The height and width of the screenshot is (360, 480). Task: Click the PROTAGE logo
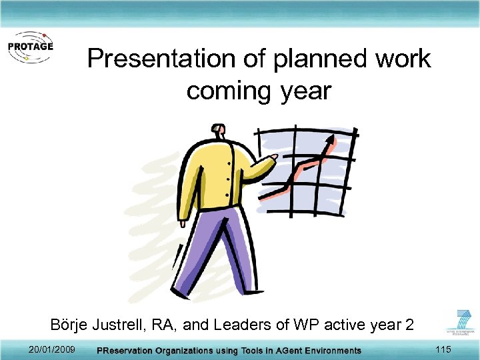click(29, 47)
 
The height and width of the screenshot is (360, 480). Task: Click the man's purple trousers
click(213, 247)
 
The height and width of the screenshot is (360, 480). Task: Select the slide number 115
click(443, 350)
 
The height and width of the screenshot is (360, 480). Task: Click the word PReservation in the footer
click(125, 351)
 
